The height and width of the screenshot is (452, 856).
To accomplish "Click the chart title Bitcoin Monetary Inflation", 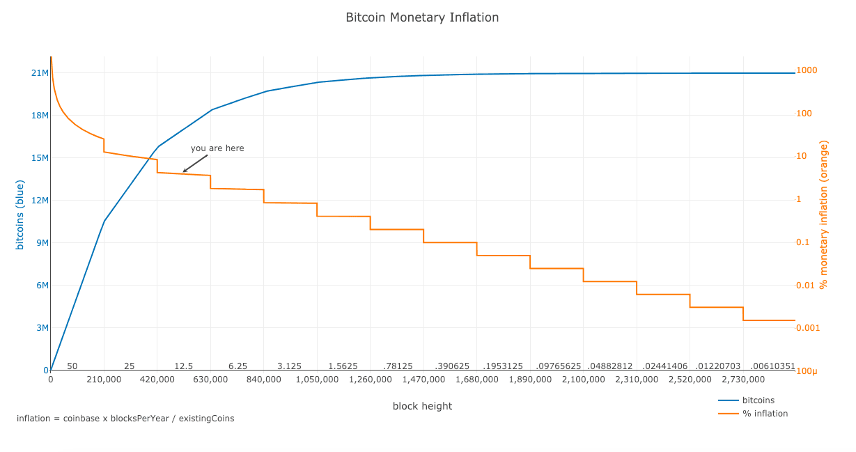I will (422, 17).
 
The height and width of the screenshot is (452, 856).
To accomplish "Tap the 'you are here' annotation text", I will (217, 148).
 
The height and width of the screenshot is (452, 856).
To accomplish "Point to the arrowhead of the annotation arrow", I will (184, 171).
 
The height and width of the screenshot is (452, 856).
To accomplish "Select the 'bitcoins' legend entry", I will (758, 400).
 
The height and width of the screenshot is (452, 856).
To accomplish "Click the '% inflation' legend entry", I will (765, 414).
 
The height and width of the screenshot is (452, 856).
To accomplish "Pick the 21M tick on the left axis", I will (40, 73).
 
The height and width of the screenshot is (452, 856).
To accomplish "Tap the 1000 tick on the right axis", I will (807, 70).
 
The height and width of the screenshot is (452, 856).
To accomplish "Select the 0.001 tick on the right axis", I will (809, 328).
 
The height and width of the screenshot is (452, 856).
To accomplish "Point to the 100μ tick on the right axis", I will (807, 371).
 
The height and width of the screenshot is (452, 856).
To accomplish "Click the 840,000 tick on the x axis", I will (264, 380).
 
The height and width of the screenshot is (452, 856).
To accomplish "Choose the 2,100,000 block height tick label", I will (583, 380).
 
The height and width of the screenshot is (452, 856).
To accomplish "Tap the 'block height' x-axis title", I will (422, 406).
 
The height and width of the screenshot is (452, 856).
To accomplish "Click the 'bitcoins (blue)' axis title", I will (20, 215).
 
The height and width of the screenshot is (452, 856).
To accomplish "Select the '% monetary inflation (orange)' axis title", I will (823, 215).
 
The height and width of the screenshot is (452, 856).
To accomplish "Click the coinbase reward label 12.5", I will (184, 366).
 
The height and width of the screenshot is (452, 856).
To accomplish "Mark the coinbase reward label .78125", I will (398, 366).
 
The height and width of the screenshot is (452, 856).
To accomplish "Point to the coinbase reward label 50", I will (72, 366).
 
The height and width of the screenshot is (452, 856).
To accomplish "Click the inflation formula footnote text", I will (125, 419).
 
